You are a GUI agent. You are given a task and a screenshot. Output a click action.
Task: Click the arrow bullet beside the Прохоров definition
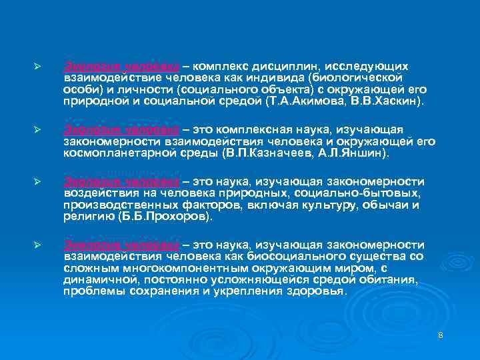click(x=38, y=183)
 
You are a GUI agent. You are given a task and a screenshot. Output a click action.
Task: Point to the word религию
click(x=84, y=217)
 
